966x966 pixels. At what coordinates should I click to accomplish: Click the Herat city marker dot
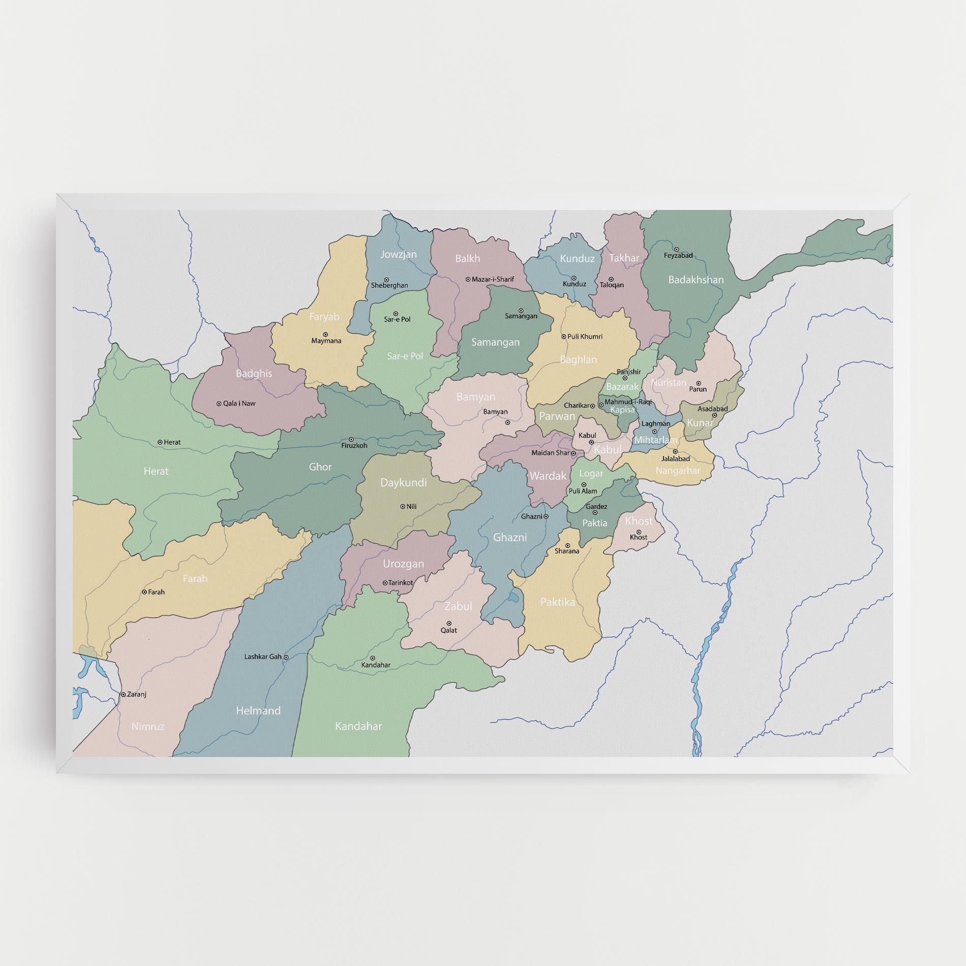pyautogui.click(x=160, y=442)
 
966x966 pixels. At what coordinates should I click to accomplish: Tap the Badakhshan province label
pyautogui.click(x=696, y=280)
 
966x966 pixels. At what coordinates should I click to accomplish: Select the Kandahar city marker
pyautogui.click(x=372, y=658)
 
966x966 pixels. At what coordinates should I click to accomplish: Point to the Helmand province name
pyautogui.click(x=258, y=711)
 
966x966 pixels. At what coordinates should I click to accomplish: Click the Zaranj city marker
pyautogui.click(x=123, y=694)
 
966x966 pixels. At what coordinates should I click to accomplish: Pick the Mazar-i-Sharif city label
pyautogui.click(x=493, y=279)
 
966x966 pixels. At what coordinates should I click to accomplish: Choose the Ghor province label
pyautogui.click(x=320, y=467)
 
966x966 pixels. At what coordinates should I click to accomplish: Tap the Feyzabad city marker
pyautogui.click(x=676, y=249)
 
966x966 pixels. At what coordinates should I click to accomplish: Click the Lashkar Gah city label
pyautogui.click(x=263, y=656)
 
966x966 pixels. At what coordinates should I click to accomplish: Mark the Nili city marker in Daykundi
pyautogui.click(x=402, y=506)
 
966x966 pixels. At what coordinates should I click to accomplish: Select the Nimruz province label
pyautogui.click(x=148, y=727)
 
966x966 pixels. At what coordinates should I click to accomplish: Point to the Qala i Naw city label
pyautogui.click(x=239, y=403)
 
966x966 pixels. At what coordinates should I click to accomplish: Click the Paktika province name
pyautogui.click(x=558, y=602)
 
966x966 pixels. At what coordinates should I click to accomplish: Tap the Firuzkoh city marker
pyautogui.click(x=351, y=439)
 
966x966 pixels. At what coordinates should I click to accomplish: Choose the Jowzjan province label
pyautogui.click(x=399, y=254)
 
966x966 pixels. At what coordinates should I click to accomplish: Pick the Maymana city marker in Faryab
pyautogui.click(x=325, y=334)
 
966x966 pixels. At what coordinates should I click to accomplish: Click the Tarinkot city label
pyautogui.click(x=401, y=583)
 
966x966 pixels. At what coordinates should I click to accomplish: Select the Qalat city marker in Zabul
pyautogui.click(x=449, y=623)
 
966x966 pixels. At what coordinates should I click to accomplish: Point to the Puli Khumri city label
pyautogui.click(x=585, y=337)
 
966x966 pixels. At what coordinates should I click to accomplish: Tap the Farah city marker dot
pyautogui.click(x=144, y=592)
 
